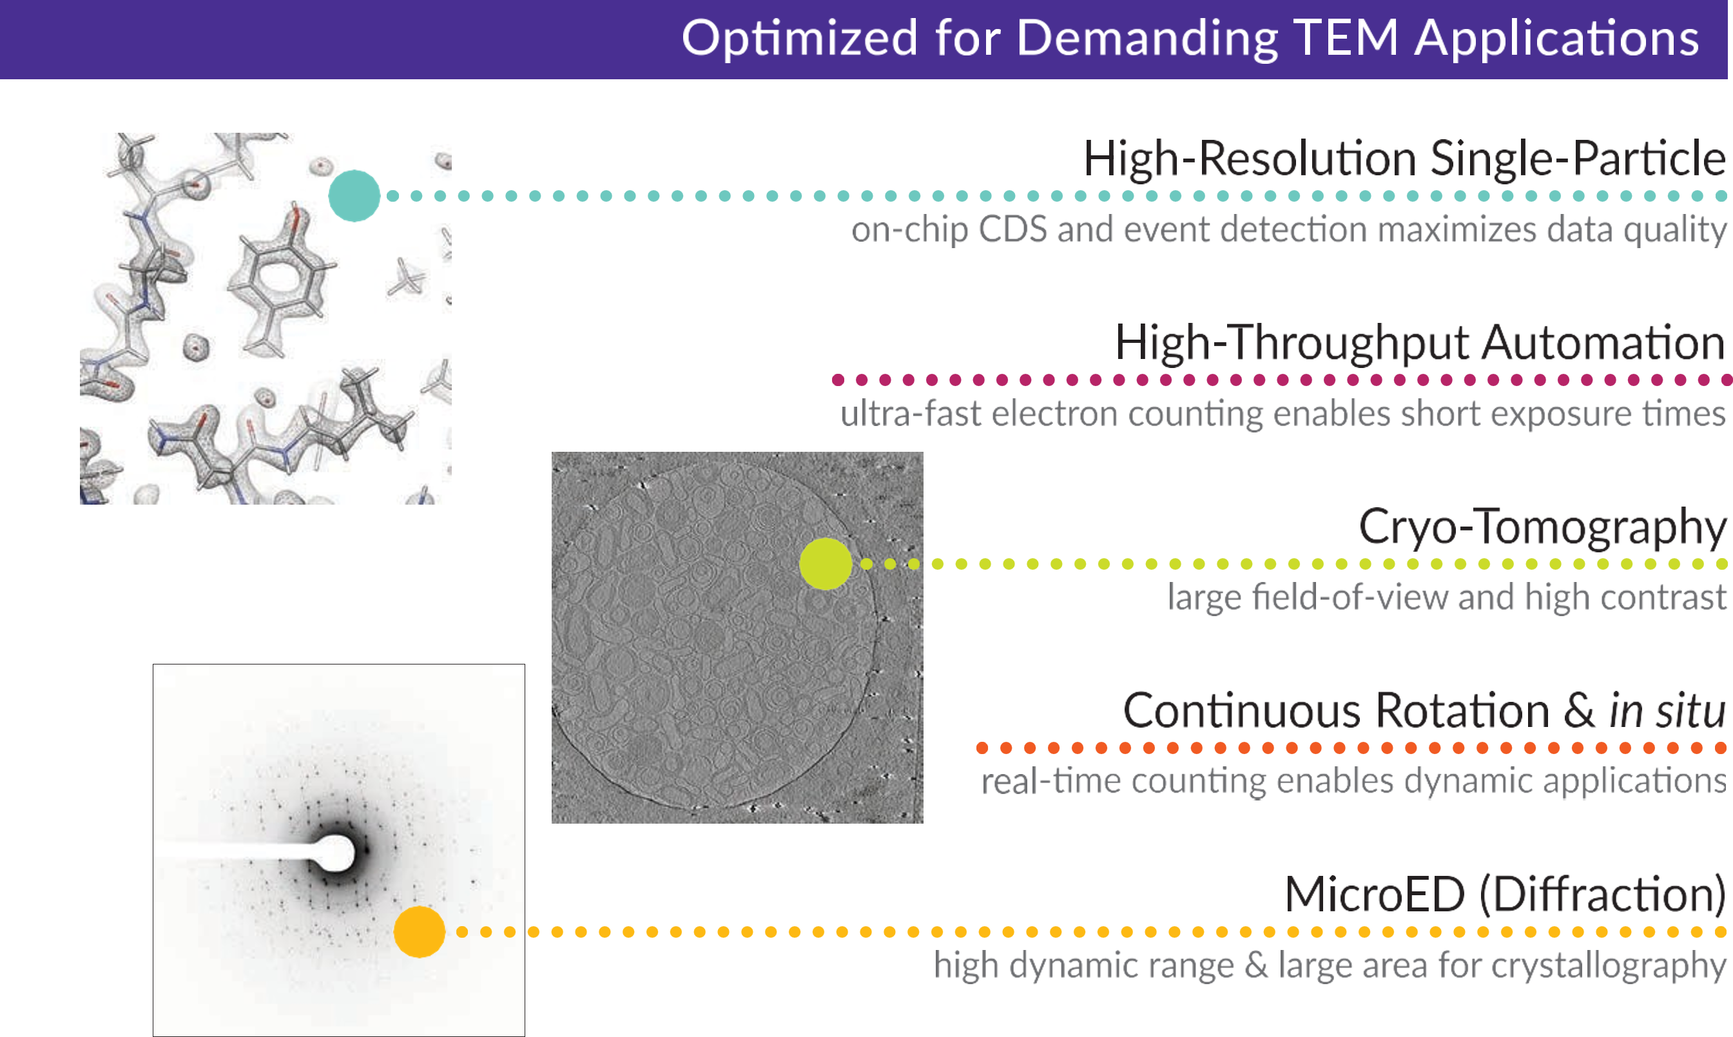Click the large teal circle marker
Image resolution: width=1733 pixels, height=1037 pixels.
point(354,196)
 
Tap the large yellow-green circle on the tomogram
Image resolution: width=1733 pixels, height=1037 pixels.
point(826,564)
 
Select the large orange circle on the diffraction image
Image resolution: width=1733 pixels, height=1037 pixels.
point(420,931)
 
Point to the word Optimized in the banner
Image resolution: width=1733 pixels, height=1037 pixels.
point(799,39)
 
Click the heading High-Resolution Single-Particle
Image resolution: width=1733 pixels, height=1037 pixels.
point(1404,159)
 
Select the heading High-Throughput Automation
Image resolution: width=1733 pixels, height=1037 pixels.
point(1420,343)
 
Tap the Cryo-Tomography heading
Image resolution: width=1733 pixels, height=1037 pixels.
point(1542,527)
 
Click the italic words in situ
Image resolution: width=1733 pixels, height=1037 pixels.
point(1667,710)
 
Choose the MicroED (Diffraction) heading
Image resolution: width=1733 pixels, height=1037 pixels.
point(1505,895)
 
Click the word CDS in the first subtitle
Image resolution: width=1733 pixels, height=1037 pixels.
point(1012,229)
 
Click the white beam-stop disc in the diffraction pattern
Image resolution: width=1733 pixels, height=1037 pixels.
point(335,853)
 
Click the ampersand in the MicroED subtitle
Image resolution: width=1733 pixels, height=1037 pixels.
point(1255,965)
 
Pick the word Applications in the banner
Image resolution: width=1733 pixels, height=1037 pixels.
point(1557,39)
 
